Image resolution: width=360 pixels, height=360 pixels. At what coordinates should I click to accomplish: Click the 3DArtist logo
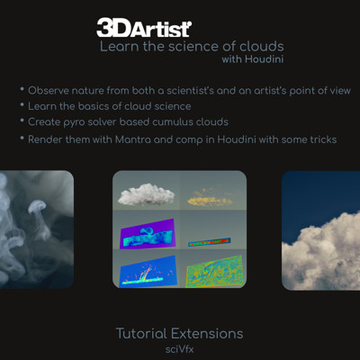click(x=144, y=28)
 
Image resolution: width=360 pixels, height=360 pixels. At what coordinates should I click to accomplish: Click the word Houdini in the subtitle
click(x=265, y=58)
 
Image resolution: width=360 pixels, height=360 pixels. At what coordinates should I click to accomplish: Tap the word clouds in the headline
click(x=262, y=47)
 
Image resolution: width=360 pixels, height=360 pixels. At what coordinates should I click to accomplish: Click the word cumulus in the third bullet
click(x=173, y=121)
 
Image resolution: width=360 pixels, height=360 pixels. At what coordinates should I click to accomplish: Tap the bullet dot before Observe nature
click(x=22, y=89)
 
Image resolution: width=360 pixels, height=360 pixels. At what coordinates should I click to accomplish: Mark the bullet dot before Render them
click(x=22, y=139)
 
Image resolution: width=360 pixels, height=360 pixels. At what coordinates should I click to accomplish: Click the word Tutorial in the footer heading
click(x=141, y=334)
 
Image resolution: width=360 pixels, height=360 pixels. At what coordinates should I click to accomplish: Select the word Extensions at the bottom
click(x=207, y=334)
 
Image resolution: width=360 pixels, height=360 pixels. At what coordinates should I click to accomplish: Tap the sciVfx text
click(x=180, y=349)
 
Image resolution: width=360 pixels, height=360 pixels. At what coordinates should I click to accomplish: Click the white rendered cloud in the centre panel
click(x=146, y=194)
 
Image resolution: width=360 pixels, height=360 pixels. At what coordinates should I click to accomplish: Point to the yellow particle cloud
click(x=210, y=197)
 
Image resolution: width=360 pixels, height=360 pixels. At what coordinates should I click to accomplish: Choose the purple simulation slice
click(x=148, y=234)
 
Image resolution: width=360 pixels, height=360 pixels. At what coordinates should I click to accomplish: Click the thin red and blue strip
click(x=209, y=242)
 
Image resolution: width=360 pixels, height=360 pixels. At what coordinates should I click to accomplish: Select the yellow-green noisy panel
click(x=214, y=272)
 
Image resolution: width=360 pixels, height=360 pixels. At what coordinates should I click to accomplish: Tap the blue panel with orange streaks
click(x=148, y=271)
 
